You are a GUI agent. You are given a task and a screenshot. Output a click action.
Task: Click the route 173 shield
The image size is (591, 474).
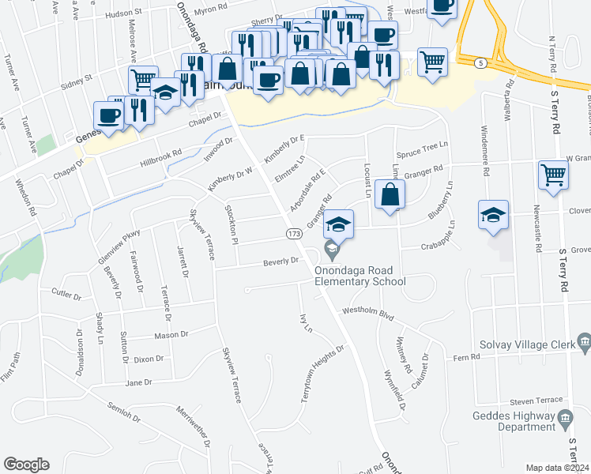(293, 234)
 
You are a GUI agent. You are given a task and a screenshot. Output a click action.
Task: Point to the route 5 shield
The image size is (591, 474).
(480, 62)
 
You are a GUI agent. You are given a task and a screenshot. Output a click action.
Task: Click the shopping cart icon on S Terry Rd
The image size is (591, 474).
(553, 175)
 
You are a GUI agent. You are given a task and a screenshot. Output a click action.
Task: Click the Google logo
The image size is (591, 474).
(26, 465)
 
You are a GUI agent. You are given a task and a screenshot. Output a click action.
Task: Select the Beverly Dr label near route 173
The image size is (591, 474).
(281, 261)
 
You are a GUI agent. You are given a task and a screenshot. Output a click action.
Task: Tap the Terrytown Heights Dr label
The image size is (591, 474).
(322, 374)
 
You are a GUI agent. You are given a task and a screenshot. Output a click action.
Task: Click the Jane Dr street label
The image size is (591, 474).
(137, 382)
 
